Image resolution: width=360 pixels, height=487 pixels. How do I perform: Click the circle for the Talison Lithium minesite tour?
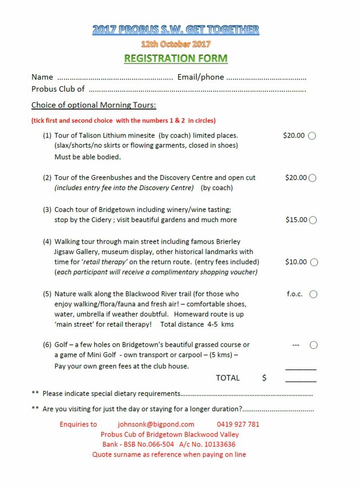pos(312,136)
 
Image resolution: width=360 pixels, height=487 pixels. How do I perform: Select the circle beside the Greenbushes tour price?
pos(312,178)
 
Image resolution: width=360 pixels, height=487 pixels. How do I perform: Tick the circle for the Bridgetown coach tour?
pos(312,220)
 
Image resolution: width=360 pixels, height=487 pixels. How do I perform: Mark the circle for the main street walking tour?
pos(314,262)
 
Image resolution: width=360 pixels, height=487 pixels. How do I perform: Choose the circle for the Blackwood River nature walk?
pos(313,294)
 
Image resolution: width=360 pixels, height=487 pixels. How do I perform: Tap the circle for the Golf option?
pos(313,345)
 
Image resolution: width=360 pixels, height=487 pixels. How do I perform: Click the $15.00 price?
pos(296,220)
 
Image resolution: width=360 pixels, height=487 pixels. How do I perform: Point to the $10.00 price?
pos(296,262)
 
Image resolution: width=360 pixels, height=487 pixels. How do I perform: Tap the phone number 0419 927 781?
pos(238,424)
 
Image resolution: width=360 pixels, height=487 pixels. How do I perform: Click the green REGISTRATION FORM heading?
pos(176,59)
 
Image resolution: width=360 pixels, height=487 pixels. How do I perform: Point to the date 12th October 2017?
pos(176,44)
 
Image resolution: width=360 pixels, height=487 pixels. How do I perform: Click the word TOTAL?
pos(227,378)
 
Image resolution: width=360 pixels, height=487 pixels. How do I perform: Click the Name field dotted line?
pos(115,77)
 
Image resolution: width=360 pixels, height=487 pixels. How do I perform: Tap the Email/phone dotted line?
pos(266,77)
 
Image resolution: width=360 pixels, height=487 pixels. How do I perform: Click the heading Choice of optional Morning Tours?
pos(94,105)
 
